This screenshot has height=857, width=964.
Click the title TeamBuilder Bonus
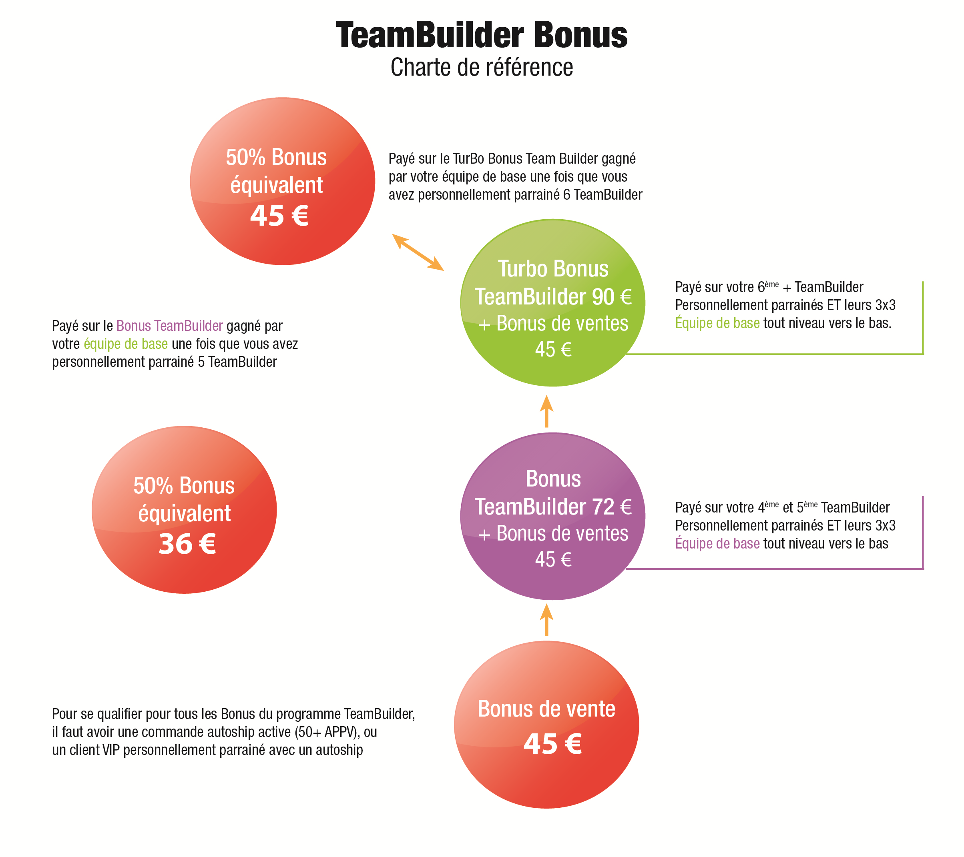(x=482, y=35)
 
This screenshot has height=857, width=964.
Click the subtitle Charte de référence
(x=482, y=67)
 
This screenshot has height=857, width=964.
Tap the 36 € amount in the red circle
(x=187, y=544)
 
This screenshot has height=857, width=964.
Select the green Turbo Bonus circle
(x=553, y=302)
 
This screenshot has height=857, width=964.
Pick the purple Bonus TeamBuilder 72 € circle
(x=553, y=516)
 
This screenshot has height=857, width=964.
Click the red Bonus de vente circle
(x=546, y=725)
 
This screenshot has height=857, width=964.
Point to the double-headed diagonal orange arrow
(x=418, y=252)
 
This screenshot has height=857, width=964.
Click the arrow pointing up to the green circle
(x=546, y=411)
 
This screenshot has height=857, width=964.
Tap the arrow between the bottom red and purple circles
(x=546, y=620)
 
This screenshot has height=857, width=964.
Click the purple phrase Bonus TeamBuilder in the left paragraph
(x=170, y=326)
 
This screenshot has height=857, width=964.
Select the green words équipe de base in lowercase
(x=126, y=344)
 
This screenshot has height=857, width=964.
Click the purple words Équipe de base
(x=717, y=543)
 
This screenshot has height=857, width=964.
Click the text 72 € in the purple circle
(x=612, y=507)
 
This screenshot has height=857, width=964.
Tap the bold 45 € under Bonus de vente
(x=553, y=744)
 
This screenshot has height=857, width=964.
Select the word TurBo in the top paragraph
(x=468, y=158)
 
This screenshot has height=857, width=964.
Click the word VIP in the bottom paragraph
(x=111, y=750)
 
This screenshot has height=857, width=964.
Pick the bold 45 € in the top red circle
(x=279, y=216)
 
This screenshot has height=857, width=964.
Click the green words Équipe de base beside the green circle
(x=717, y=323)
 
